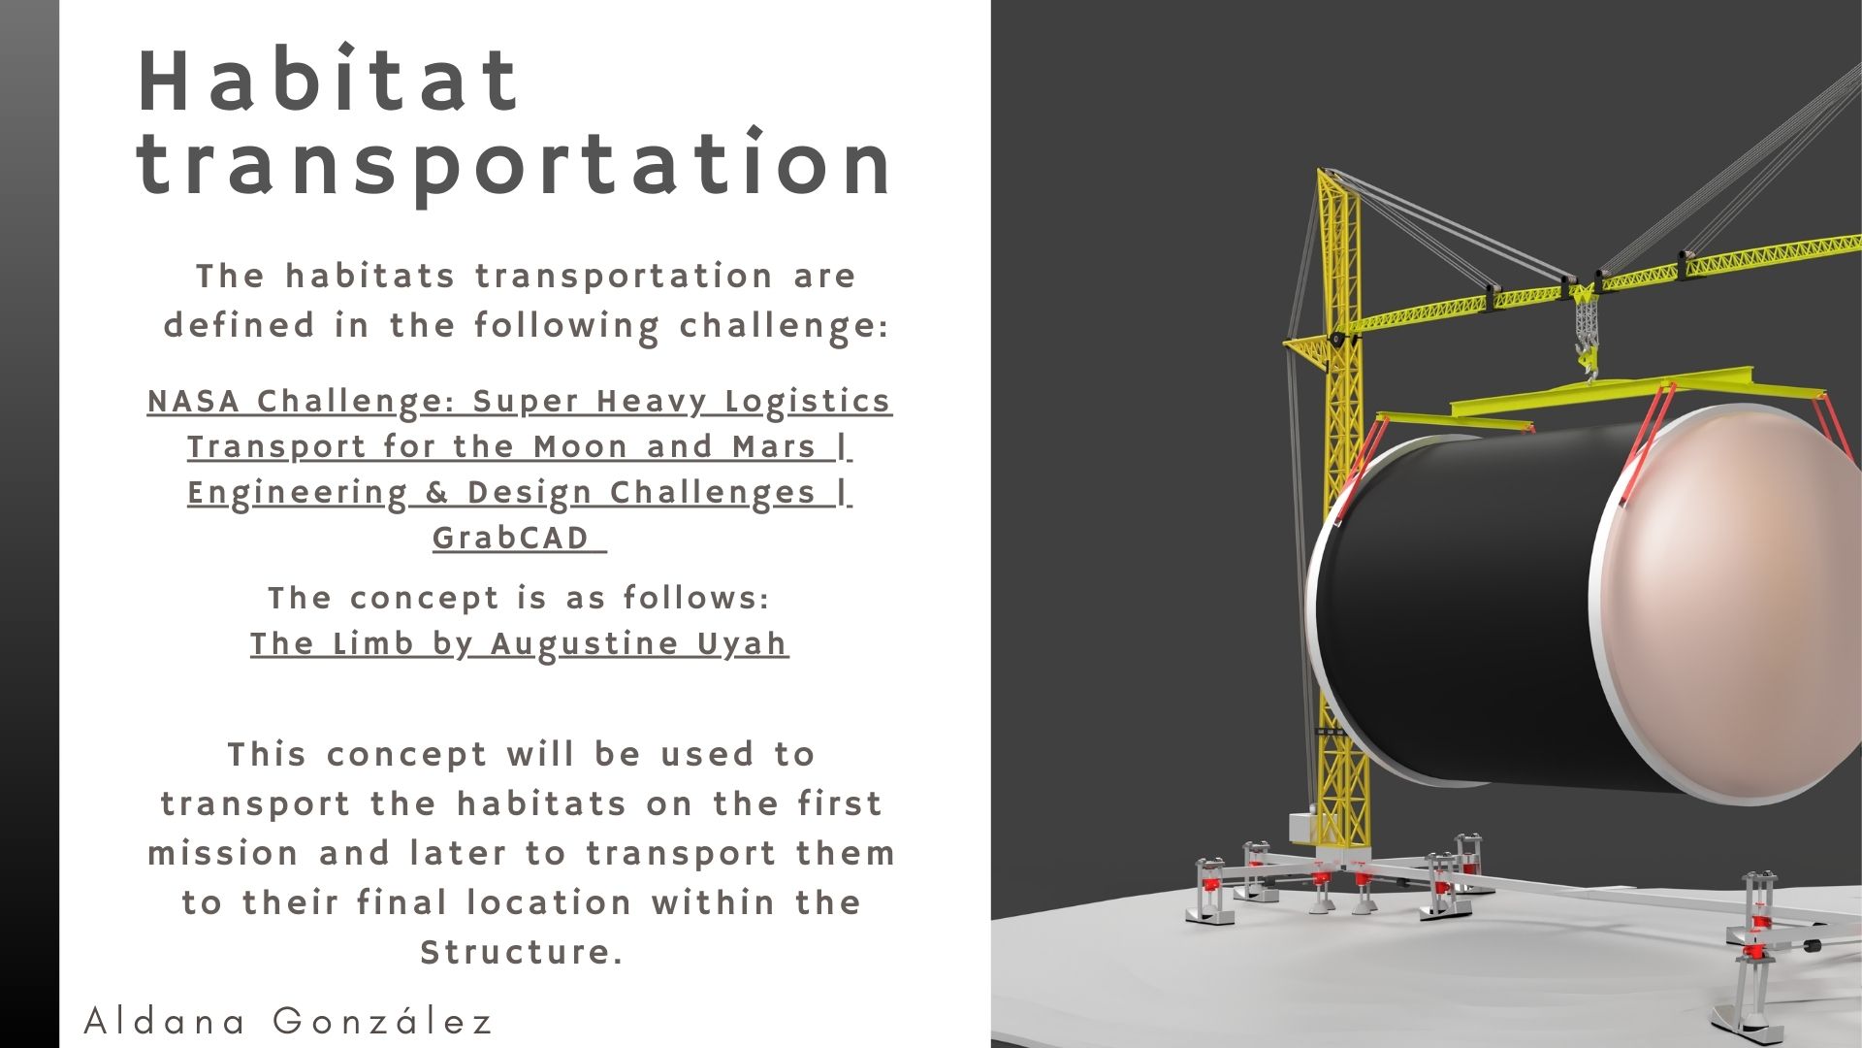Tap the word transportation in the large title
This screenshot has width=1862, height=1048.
(x=515, y=164)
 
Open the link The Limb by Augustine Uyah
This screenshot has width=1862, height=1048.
(x=520, y=644)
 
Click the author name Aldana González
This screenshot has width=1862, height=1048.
(x=289, y=1021)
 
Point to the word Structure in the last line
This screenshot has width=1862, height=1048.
(x=521, y=952)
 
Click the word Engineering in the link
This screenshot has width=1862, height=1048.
(x=298, y=494)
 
